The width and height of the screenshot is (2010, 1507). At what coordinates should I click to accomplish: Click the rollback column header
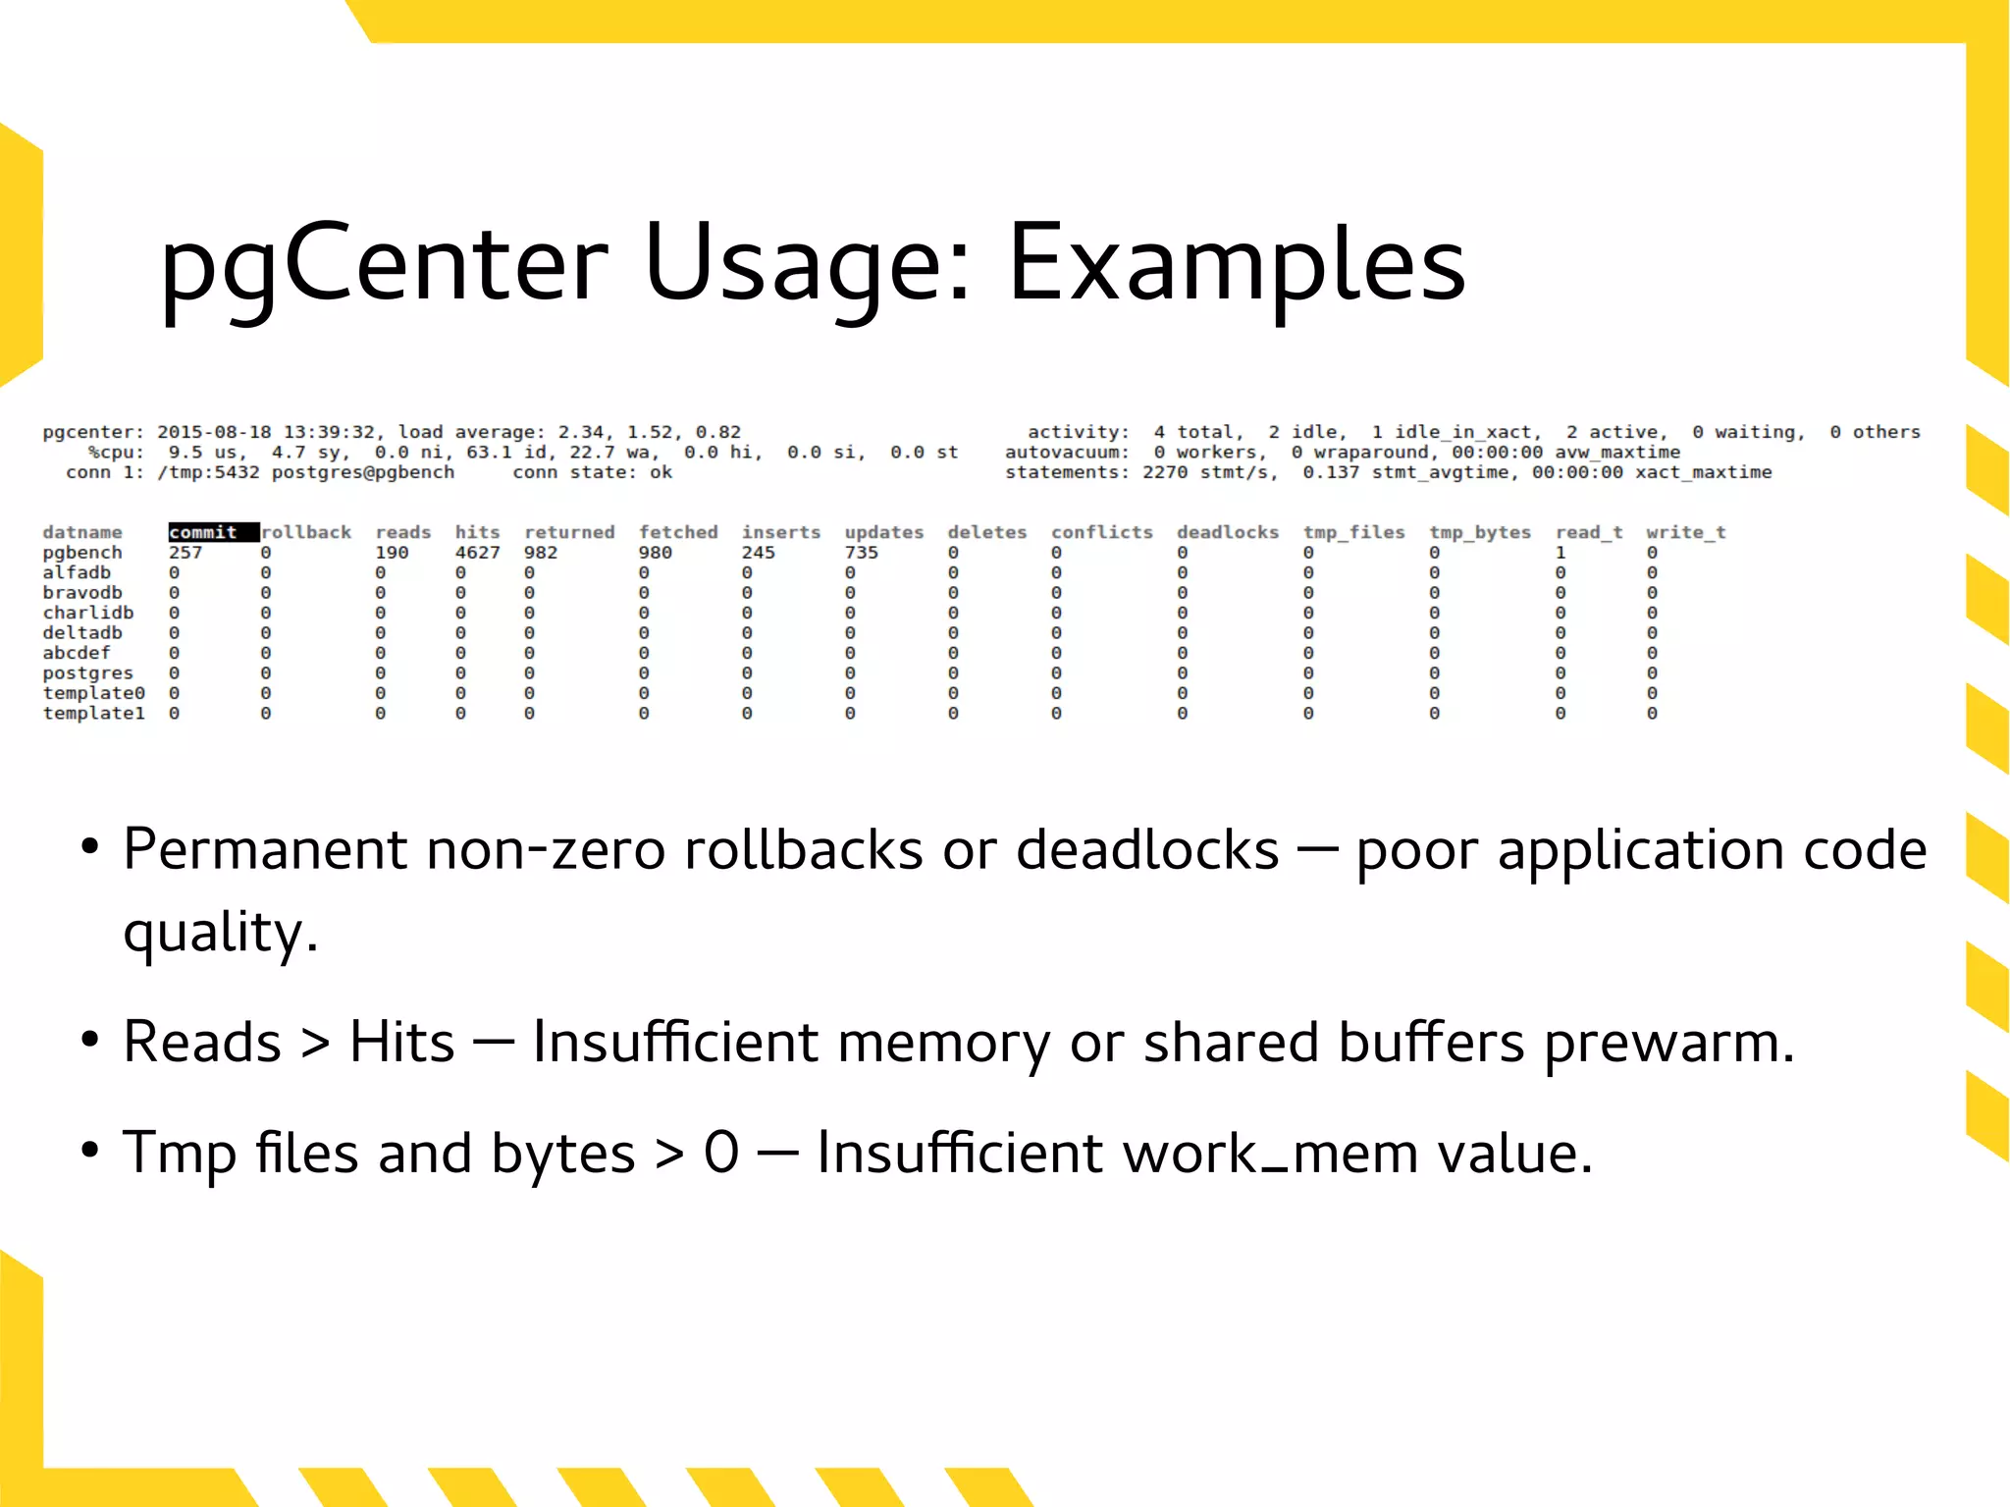(306, 532)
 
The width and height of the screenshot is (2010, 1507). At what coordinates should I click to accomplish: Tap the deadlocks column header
(1227, 532)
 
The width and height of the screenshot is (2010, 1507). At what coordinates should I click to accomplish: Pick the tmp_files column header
(1353, 532)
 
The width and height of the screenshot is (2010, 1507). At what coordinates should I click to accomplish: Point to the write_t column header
(1685, 532)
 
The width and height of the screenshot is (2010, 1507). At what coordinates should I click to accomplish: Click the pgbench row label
(82, 553)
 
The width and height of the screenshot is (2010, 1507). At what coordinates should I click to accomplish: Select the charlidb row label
(87, 613)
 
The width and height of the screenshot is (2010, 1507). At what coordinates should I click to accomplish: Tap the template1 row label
(93, 714)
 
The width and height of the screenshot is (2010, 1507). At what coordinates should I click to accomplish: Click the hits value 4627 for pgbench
(477, 553)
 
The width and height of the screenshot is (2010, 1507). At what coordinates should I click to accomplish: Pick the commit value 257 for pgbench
(185, 553)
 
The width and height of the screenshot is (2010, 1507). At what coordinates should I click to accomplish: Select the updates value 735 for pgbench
(861, 553)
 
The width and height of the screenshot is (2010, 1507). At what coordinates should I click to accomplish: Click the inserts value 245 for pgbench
(758, 553)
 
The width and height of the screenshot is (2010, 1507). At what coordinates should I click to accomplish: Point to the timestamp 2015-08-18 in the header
(214, 432)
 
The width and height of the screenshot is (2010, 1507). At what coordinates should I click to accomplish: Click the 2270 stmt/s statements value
(1209, 472)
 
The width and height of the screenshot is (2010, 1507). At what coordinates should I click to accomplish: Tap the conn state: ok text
(592, 472)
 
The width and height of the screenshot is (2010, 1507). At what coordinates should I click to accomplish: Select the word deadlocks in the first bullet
(1146, 849)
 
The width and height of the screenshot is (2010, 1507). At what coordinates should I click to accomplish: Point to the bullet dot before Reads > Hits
(89, 1040)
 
